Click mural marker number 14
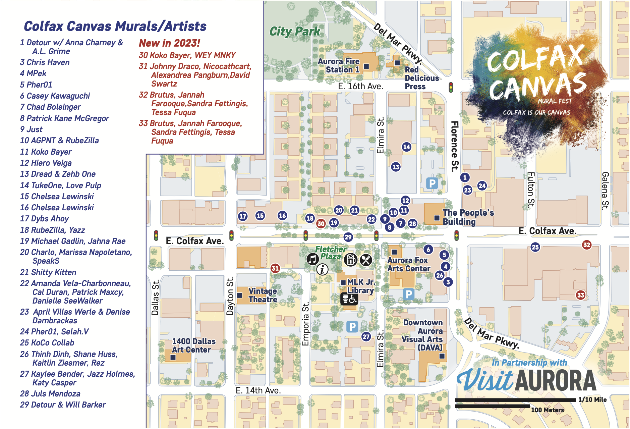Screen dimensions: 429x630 click(x=406, y=147)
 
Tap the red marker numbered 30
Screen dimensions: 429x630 click(x=321, y=223)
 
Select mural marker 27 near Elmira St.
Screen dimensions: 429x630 click(x=366, y=336)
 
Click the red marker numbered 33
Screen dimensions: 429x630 click(x=580, y=295)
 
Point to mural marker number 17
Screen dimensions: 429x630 click(x=243, y=216)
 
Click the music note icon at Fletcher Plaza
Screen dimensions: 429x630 click(x=312, y=259)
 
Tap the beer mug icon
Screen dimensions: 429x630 click(x=351, y=260)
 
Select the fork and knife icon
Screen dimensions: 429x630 click(x=366, y=260)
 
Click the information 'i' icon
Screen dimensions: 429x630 click(x=322, y=269)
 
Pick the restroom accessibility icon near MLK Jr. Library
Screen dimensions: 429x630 click(x=349, y=299)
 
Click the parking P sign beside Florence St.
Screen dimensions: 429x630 click(x=432, y=183)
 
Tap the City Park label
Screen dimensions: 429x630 click(x=295, y=32)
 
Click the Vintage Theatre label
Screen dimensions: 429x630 click(x=263, y=295)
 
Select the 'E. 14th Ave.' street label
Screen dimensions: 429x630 click(x=258, y=390)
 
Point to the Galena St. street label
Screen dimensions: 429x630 click(x=605, y=191)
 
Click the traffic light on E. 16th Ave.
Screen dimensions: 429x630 click(x=451, y=87)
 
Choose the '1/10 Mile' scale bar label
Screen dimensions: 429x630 click(x=592, y=399)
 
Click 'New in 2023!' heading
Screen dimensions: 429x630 click(x=169, y=43)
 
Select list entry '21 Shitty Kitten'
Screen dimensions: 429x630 click(x=48, y=272)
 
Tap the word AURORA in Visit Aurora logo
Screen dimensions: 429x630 click(x=556, y=381)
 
